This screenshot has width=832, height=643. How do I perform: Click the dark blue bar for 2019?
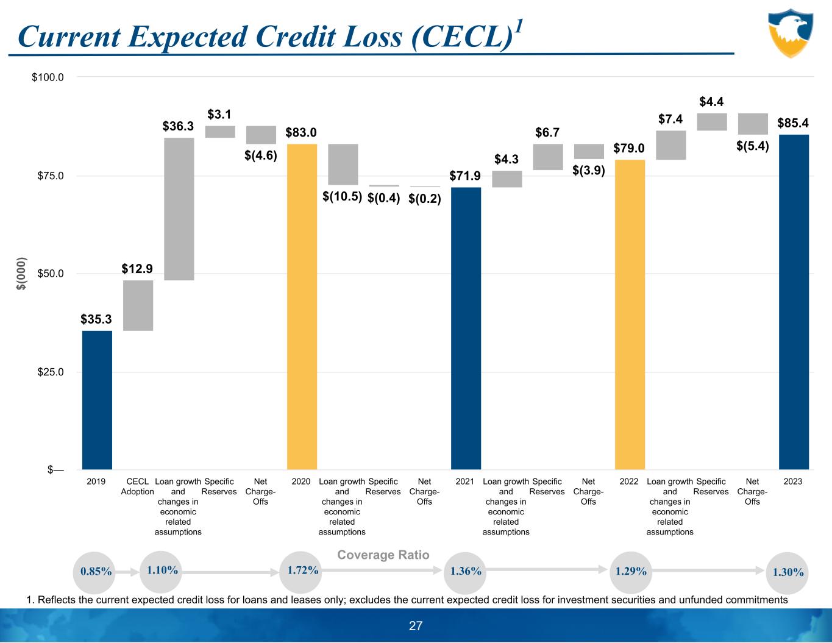[x=97, y=400]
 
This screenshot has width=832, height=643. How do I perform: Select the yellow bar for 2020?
[x=302, y=307]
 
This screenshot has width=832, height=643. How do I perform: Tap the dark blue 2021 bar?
[x=466, y=329]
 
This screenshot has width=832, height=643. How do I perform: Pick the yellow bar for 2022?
[x=630, y=314]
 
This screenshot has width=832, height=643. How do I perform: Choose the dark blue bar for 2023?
[x=794, y=302]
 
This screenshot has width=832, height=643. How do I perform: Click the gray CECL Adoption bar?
[x=138, y=305]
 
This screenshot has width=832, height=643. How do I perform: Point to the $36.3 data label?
[x=178, y=126]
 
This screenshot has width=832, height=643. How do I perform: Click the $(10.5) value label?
[x=342, y=197]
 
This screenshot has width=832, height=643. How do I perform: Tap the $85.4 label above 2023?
[x=793, y=123]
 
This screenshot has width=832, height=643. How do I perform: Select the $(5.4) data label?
[x=752, y=146]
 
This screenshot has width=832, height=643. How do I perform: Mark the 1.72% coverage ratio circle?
[x=302, y=570]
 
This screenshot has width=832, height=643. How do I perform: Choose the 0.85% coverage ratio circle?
[x=96, y=572]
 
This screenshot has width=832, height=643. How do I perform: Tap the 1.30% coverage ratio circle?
[x=788, y=572]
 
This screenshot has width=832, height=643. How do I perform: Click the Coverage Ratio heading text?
[x=383, y=555]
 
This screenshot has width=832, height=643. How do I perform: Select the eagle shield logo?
[x=791, y=32]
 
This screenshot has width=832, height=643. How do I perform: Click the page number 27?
[x=416, y=626]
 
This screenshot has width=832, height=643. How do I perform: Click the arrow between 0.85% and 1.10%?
[x=127, y=572]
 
